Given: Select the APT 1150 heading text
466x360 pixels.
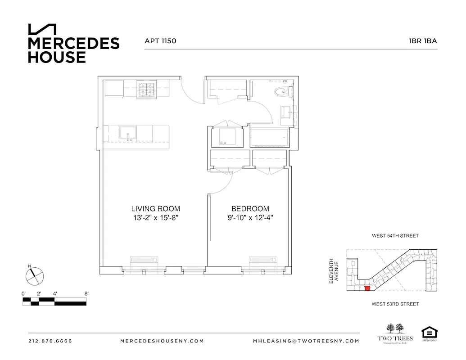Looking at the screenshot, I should click(x=160, y=41).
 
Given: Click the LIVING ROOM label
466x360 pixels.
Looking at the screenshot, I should click(x=155, y=209).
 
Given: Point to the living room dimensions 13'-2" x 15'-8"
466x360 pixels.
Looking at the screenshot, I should click(x=155, y=218).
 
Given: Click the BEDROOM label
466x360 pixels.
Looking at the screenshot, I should click(x=250, y=209).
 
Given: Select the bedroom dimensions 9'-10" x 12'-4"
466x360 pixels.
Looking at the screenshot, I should click(x=250, y=218).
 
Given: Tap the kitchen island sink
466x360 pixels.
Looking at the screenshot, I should click(x=128, y=134).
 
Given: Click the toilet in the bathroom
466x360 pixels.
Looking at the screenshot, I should click(x=282, y=91).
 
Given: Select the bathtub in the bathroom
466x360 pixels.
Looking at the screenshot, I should click(x=268, y=137).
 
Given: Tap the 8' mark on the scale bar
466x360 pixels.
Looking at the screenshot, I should click(x=86, y=293).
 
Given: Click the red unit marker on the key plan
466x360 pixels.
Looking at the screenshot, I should click(x=366, y=288).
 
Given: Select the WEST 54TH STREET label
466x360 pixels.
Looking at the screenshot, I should click(x=395, y=236).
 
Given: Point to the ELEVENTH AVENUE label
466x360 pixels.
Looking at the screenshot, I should click(x=333, y=271).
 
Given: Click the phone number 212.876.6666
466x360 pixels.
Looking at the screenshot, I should click(x=50, y=341).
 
